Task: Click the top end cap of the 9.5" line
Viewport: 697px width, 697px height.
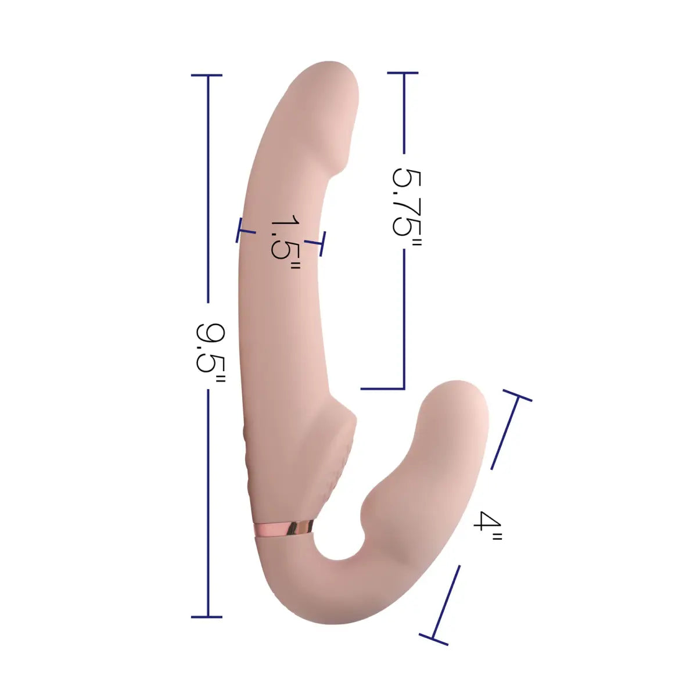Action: point(207,76)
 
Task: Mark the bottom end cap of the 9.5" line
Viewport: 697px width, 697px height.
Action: point(207,617)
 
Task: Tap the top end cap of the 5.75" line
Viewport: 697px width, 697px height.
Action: point(403,73)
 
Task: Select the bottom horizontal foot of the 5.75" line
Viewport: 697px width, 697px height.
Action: point(382,389)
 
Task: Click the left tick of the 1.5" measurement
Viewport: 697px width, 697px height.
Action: point(239,230)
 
